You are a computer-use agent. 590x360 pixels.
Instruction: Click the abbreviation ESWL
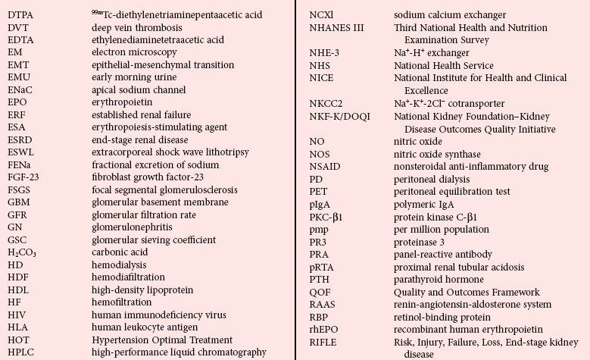(22, 152)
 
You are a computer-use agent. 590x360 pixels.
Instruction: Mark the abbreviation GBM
(20, 202)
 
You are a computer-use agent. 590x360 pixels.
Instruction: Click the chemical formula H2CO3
(22, 252)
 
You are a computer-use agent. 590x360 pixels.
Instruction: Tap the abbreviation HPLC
(21, 352)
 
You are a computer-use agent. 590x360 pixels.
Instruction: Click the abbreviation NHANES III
(337, 28)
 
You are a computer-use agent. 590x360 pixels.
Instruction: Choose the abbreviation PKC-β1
(329, 217)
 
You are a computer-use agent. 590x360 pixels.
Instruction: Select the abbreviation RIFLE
(323, 342)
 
